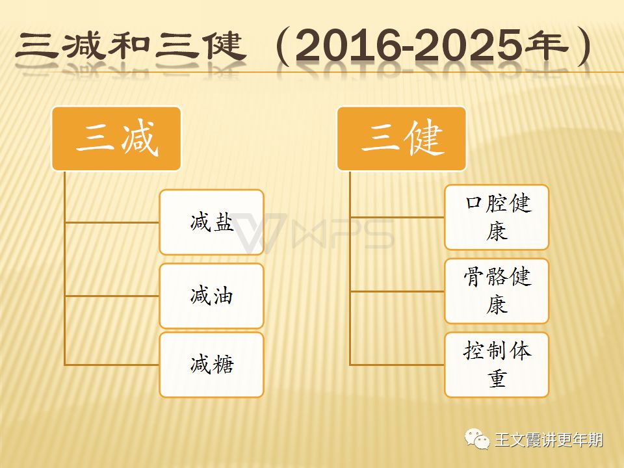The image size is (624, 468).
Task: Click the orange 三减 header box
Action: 116,138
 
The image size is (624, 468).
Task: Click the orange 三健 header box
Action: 402,138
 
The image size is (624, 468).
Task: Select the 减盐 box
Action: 211,222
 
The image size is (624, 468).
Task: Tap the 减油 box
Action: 211,296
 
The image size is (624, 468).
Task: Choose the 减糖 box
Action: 211,365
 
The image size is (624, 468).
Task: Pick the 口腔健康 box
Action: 497,217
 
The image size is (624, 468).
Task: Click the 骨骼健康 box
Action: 497,291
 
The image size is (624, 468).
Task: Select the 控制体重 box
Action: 497,365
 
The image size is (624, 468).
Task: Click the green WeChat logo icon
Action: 477,439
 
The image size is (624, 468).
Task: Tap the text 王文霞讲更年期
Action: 549,440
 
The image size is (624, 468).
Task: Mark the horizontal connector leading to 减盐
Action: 112,222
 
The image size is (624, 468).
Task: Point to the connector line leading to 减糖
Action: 112,365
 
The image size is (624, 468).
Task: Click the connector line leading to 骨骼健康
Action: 397,291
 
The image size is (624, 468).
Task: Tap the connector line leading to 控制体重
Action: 397,365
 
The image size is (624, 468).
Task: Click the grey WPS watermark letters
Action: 343,233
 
